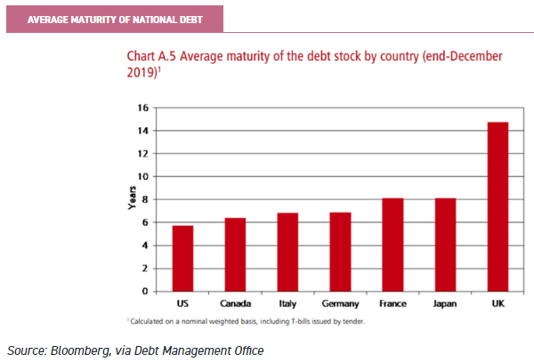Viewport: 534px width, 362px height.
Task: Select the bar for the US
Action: (182, 258)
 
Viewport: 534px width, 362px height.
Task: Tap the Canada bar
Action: (235, 254)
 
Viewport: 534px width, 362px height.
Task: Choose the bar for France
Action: (392, 245)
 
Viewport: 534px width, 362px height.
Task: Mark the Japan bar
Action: (445, 245)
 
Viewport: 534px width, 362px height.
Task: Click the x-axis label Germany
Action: (340, 303)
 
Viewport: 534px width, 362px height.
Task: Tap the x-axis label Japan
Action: (445, 303)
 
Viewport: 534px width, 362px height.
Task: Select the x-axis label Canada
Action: (235, 303)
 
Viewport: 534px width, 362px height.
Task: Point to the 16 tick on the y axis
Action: (141, 108)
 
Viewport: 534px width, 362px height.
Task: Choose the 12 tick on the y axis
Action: (141, 154)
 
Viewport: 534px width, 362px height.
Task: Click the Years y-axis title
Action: (130, 198)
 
